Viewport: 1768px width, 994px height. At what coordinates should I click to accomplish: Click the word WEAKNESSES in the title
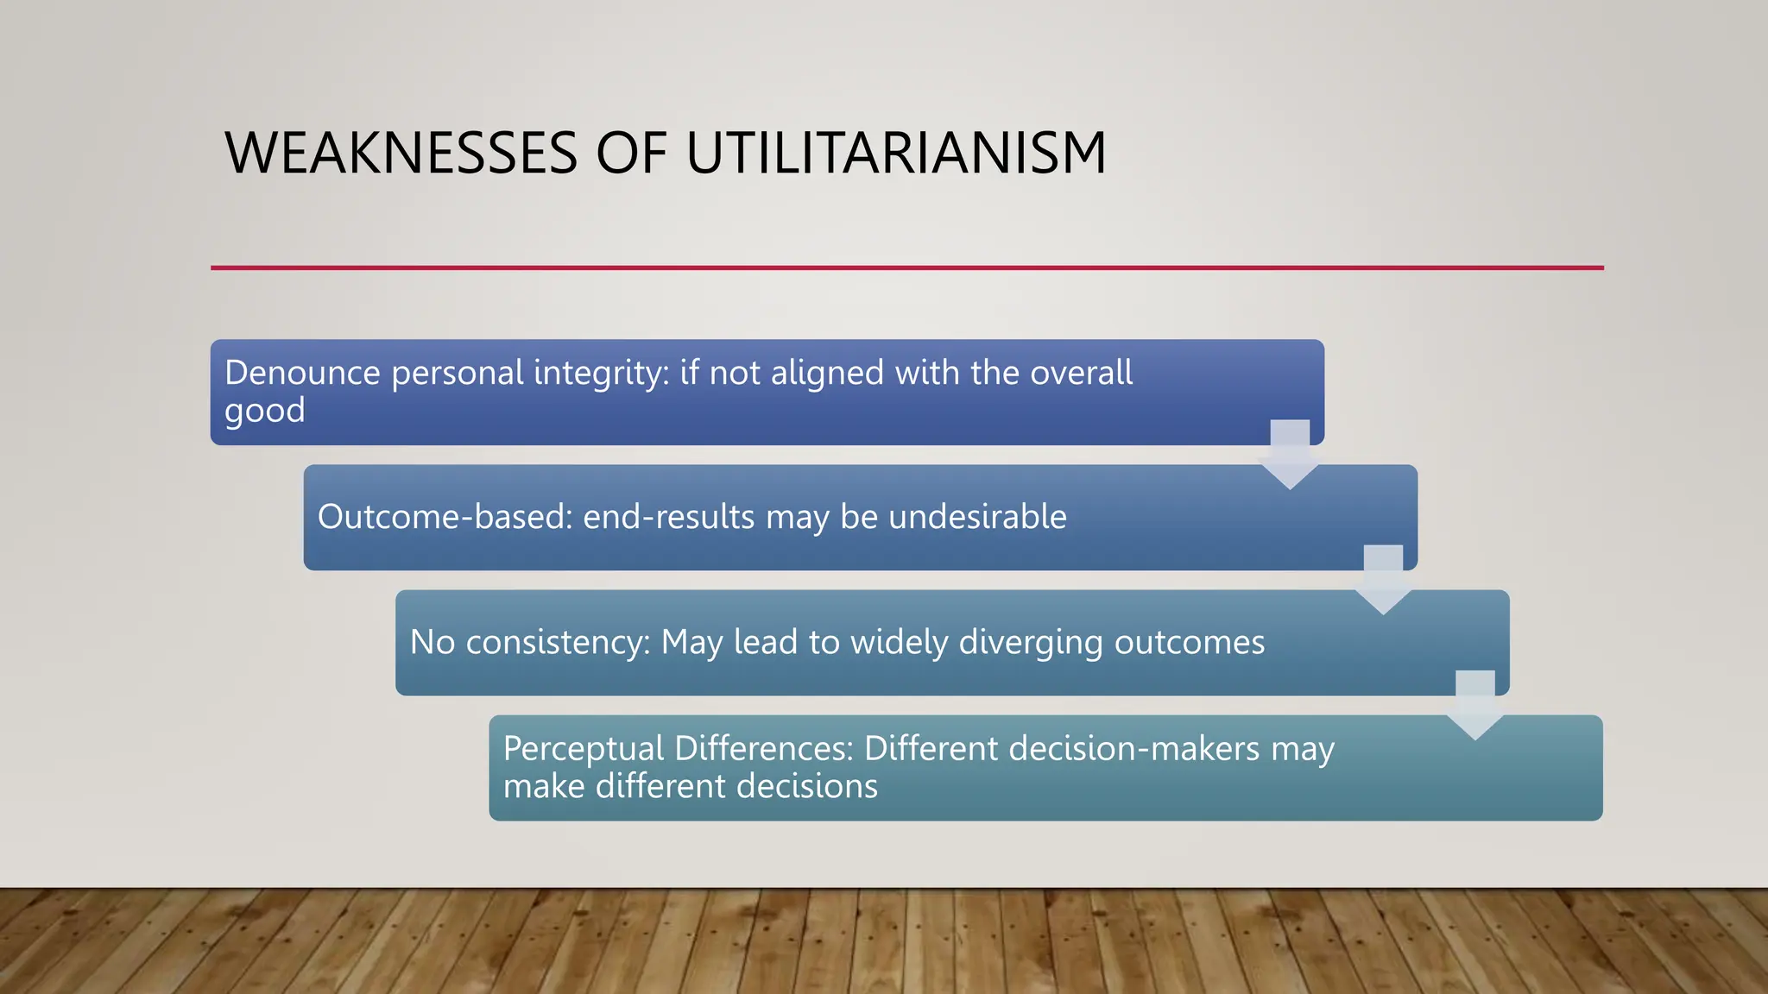tap(401, 154)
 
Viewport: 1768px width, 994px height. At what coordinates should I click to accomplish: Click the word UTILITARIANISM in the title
tap(895, 154)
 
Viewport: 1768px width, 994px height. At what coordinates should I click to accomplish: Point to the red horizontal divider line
tap(906, 267)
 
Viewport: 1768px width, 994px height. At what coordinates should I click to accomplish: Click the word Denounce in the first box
tap(302, 373)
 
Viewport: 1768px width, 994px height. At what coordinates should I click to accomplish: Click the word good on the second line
tap(264, 411)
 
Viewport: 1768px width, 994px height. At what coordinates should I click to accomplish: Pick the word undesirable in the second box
tap(977, 517)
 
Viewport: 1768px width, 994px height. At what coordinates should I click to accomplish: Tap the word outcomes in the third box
tap(1189, 643)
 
